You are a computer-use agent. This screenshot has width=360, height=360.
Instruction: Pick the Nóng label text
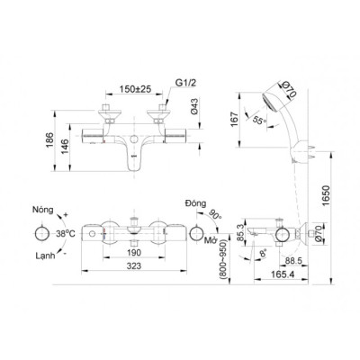[46, 206]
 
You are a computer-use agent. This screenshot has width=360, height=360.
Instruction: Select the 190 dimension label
[135, 255]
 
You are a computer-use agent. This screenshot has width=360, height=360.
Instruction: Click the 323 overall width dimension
[135, 269]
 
